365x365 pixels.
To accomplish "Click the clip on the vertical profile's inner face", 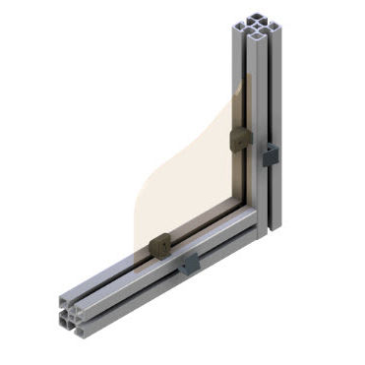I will tap(238, 141).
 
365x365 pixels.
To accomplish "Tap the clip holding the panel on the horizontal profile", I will tap(159, 246).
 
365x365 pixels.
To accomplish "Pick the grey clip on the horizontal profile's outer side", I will tap(190, 262).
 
